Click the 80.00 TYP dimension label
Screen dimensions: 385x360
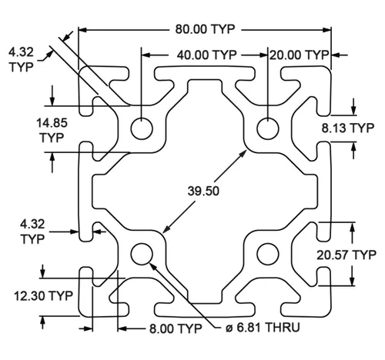tap(205, 29)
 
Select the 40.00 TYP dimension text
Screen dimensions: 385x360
tap(206, 55)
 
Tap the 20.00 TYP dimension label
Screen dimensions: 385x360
tap(299, 55)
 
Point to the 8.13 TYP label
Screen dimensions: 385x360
tap(348, 128)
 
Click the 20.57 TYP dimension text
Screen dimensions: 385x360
tap(346, 255)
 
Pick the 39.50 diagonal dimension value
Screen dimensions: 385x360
tap(203, 191)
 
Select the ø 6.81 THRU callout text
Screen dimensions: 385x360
tap(263, 328)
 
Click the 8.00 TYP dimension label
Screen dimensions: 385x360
tap(176, 328)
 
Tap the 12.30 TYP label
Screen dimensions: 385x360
tap(43, 296)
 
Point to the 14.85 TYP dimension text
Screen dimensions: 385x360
tap(52, 130)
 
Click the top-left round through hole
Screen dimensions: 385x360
tap(142, 128)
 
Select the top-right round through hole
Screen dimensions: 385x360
tap(268, 128)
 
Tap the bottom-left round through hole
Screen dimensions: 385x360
tap(142, 254)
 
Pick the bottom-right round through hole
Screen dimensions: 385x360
tap(268, 254)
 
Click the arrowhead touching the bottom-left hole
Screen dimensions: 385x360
tap(152, 267)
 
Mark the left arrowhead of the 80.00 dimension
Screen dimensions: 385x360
tap(82, 30)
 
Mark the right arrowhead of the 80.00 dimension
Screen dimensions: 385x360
tap(327, 30)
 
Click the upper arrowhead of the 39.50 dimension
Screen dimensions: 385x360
tap(243, 154)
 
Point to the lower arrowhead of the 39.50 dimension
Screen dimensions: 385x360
tap(166, 229)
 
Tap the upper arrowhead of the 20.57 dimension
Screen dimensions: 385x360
tap(353, 227)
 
